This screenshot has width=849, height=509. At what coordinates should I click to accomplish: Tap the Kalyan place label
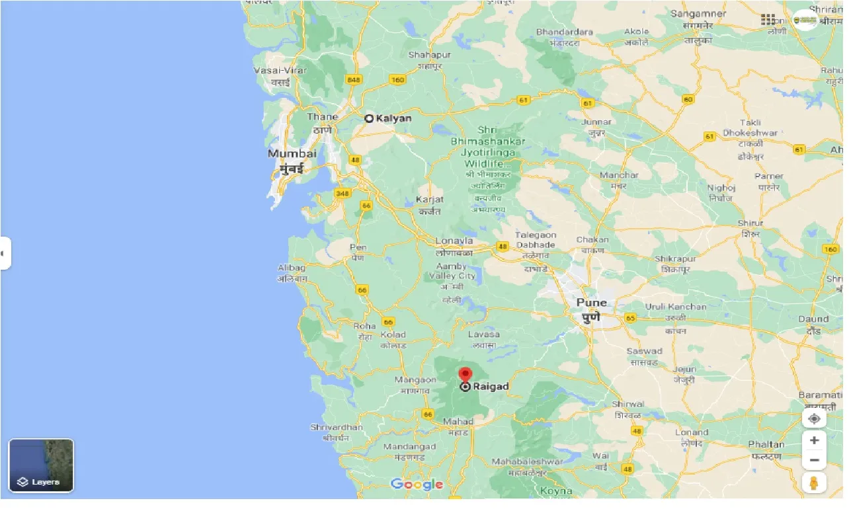393,118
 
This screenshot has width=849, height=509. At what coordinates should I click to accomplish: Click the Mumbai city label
292,154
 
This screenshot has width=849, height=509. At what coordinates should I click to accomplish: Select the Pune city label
591,303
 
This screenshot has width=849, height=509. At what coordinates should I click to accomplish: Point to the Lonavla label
454,241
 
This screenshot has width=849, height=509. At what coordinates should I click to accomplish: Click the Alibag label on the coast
292,268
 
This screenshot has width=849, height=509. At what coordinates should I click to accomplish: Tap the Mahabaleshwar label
527,461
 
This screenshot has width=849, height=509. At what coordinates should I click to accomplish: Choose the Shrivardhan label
337,428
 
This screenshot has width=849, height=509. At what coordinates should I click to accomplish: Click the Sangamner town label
698,13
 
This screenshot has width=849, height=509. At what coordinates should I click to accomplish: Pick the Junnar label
596,122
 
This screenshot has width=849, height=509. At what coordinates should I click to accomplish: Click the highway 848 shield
354,80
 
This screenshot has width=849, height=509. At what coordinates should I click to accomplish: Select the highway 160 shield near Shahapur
397,80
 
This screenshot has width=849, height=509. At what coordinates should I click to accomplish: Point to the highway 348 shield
342,193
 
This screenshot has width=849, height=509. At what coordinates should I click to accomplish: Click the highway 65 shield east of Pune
630,318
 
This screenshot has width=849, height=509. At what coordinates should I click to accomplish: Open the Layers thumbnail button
41,465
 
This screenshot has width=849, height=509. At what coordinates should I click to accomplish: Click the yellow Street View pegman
814,483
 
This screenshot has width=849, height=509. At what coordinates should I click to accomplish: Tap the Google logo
417,485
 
